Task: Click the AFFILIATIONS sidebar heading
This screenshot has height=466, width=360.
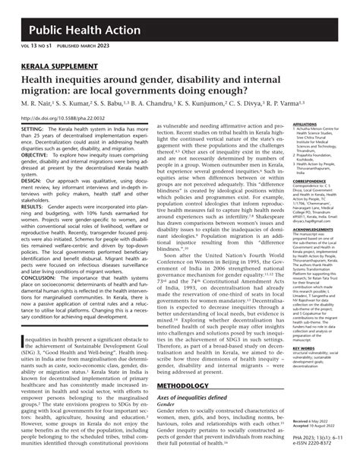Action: click(x=305, y=124)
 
